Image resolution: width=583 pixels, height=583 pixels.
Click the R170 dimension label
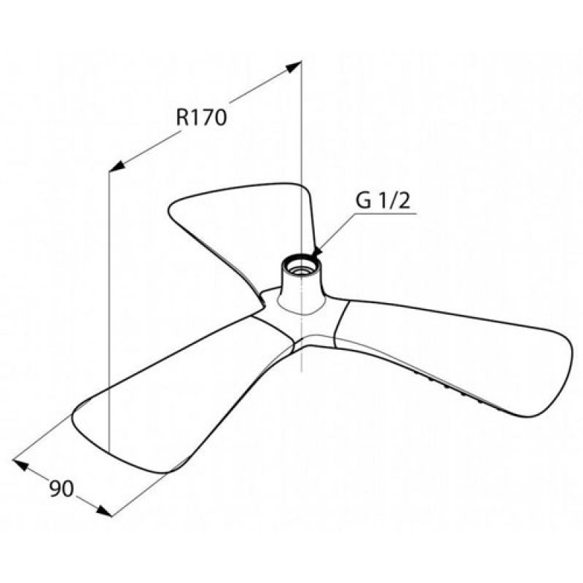click(x=201, y=117)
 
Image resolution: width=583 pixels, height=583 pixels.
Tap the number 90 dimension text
click(x=62, y=488)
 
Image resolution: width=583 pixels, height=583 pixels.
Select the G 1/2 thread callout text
click(x=383, y=201)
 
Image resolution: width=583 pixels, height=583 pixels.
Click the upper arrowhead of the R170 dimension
click(x=293, y=68)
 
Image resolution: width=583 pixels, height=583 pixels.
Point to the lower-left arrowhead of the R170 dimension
click(x=117, y=167)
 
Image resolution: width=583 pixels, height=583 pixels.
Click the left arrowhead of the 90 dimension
click(x=21, y=464)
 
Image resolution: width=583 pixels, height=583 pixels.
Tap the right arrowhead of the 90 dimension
click(x=104, y=511)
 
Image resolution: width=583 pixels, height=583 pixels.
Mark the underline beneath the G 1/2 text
click(x=386, y=214)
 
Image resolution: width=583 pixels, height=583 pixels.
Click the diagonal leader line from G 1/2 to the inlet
click(x=337, y=231)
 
